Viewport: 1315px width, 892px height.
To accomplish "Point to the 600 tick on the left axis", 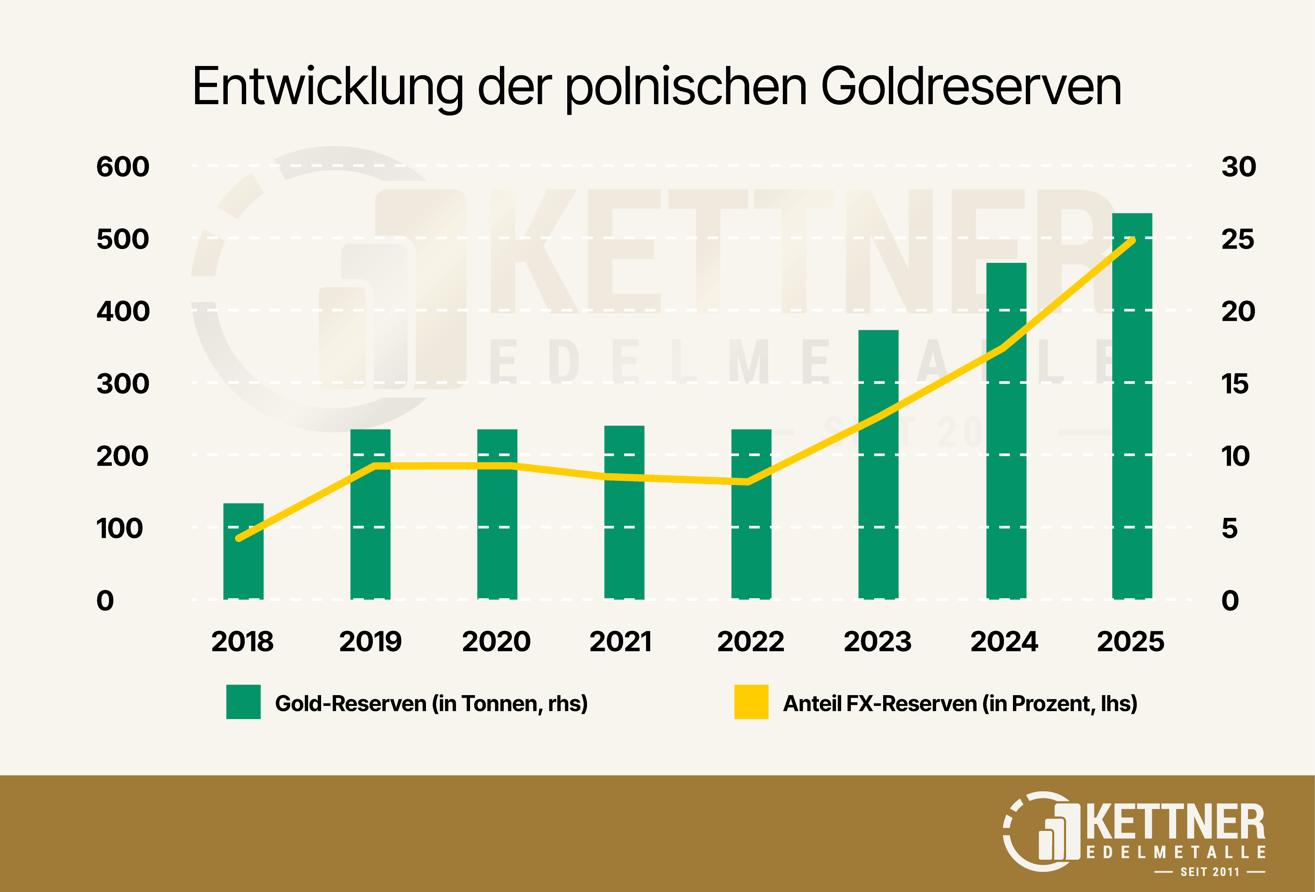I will tap(123, 167).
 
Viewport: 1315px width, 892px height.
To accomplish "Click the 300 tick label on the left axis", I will tap(123, 384).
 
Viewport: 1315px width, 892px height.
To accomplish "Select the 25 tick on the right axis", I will tap(1238, 240).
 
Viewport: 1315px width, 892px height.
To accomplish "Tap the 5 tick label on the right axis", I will tap(1230, 528).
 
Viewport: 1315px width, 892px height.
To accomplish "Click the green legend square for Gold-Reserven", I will tap(243, 702).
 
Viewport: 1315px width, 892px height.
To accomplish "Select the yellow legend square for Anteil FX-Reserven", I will tap(751, 702).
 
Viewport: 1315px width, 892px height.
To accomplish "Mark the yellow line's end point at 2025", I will tap(1133, 240).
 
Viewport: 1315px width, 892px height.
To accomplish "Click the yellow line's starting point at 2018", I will tap(239, 538).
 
